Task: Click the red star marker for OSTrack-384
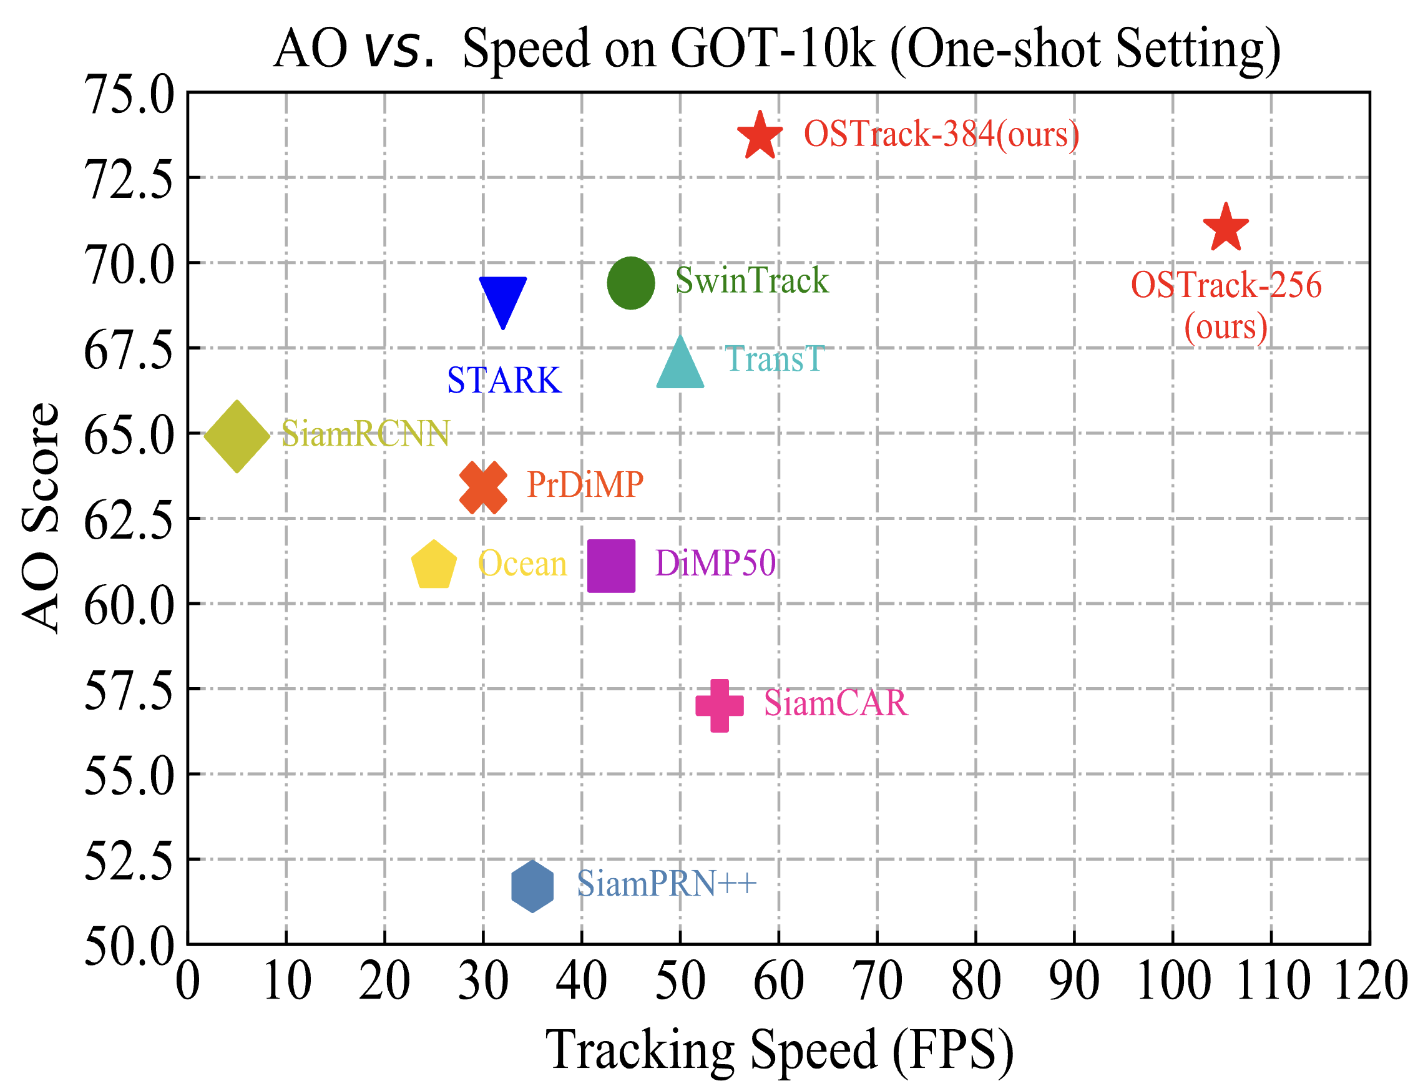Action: tap(760, 136)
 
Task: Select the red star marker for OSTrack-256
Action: tap(1226, 228)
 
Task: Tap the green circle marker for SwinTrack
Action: tap(631, 283)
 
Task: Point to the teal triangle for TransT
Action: tap(680, 366)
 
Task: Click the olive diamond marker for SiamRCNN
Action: tap(237, 436)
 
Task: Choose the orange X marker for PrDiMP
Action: tap(483, 488)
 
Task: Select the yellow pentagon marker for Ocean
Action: tap(434, 565)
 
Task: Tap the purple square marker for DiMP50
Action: tap(612, 565)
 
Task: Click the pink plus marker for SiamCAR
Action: tap(719, 705)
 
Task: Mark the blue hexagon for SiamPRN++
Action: tap(532, 886)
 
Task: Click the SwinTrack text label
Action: tap(751, 281)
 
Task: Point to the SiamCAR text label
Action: tap(836, 703)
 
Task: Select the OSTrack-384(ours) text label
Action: tap(942, 134)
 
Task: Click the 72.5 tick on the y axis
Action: tap(129, 179)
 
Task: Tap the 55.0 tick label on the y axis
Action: tap(129, 775)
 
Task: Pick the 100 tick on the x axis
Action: tap(1173, 981)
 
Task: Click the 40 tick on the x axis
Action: tap(582, 981)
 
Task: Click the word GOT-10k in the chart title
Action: tap(772, 49)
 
